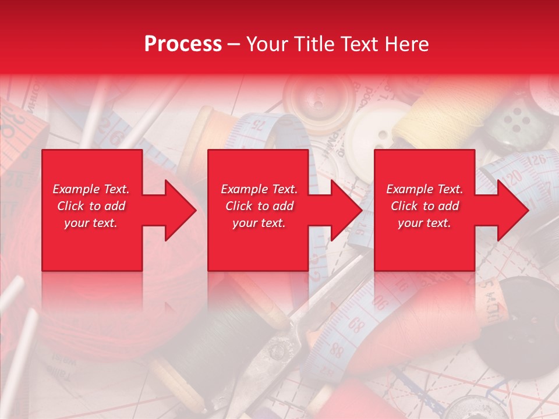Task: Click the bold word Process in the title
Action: tap(183, 44)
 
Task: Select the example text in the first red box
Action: tap(91, 206)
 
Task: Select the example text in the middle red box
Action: tap(259, 206)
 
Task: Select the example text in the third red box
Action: tap(424, 206)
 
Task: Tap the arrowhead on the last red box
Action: tap(513, 210)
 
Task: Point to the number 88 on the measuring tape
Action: tap(336, 350)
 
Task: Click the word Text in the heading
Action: tap(360, 44)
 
